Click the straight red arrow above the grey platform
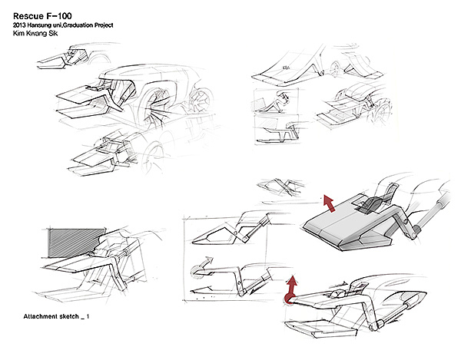pyautogui.click(x=330, y=203)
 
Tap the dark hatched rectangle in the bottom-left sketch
pyautogui.click(x=75, y=243)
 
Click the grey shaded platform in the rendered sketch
pyautogui.click(x=346, y=230)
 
